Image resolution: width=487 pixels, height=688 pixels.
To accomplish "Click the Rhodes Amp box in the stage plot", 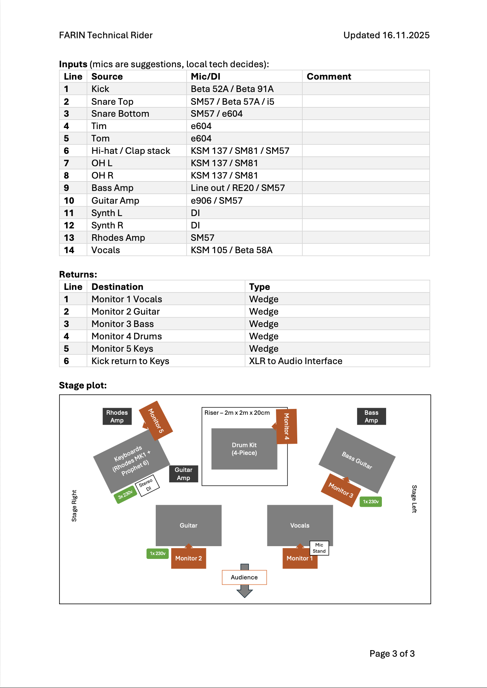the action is tap(117, 416).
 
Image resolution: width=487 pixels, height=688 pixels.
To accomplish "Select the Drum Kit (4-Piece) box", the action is tap(244, 449).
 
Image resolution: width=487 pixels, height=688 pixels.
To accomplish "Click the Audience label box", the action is tap(244, 577).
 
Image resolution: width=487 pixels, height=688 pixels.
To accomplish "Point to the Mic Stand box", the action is tap(319, 548).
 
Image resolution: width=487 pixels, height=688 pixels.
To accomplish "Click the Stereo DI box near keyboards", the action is tap(147, 485).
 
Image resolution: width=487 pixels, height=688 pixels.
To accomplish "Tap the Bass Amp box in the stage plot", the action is tap(371, 416).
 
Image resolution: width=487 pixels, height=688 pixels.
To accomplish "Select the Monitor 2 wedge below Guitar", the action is tap(188, 558).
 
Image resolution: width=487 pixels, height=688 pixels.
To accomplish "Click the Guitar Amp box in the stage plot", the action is tap(183, 473).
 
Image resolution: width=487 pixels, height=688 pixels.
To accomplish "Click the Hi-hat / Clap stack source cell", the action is tap(131, 151).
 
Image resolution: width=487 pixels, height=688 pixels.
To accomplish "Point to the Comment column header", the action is tap(329, 77).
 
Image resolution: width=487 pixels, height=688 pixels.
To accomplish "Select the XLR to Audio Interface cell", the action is tap(296, 361).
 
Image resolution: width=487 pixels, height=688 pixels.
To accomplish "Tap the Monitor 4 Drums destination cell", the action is tap(127, 336).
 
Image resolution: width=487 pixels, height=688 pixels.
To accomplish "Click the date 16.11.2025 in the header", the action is tap(406, 35).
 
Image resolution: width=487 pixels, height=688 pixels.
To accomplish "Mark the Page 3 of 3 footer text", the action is tap(392, 654).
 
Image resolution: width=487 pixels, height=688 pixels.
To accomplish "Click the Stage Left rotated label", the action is tap(414, 499).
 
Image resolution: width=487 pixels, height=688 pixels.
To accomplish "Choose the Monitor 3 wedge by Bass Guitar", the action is tap(341, 490).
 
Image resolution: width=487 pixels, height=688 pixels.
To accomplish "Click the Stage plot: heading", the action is tap(83, 385).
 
